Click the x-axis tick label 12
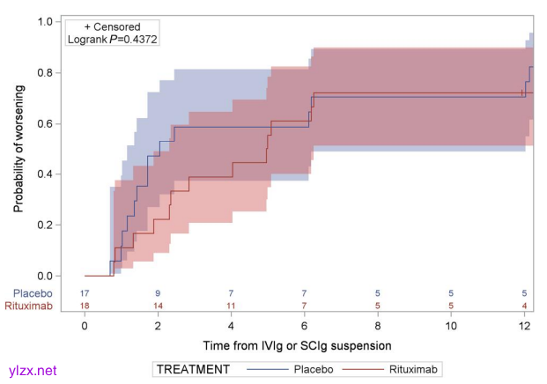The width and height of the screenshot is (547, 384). (x=525, y=326)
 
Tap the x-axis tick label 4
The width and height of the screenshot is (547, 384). (x=231, y=326)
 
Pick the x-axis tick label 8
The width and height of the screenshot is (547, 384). (x=378, y=326)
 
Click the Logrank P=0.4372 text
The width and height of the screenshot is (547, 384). (x=113, y=41)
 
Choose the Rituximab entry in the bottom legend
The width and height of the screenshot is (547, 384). (x=414, y=368)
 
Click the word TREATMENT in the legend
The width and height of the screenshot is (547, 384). (x=195, y=368)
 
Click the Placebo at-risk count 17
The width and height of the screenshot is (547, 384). (x=85, y=292)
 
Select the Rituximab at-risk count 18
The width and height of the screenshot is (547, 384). (x=85, y=306)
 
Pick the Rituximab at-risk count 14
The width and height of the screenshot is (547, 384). (x=158, y=306)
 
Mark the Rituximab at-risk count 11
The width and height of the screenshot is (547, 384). (x=231, y=306)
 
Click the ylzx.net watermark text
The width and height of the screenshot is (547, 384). (x=31, y=371)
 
